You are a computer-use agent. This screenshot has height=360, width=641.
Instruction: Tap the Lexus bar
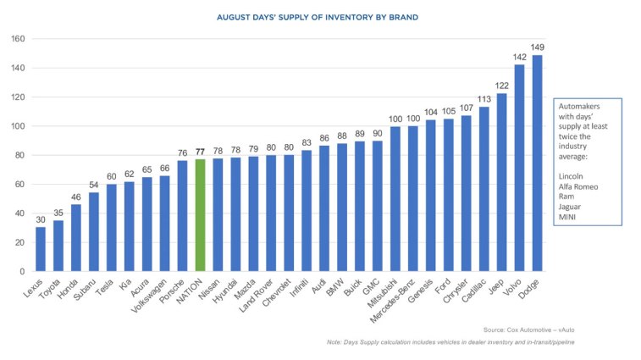tap(41, 249)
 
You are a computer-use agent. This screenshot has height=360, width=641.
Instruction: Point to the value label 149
tap(537, 47)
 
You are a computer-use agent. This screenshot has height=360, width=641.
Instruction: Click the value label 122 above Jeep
tap(501, 86)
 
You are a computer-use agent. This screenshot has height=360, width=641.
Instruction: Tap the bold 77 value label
tap(200, 152)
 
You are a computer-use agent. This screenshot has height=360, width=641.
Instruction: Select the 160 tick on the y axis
tap(16, 39)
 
